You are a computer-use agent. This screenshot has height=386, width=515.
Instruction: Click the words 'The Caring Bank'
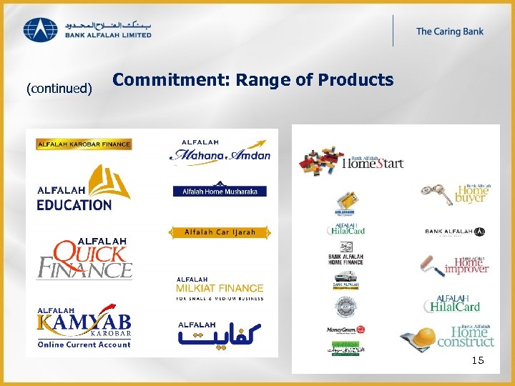(450, 31)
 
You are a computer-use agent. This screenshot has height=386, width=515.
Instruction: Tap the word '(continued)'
(59, 89)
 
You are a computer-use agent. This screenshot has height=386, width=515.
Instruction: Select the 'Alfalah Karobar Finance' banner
(84, 144)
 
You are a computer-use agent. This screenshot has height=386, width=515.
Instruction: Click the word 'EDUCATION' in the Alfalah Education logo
(74, 205)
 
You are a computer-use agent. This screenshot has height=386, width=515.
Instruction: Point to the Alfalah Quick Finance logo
(84, 258)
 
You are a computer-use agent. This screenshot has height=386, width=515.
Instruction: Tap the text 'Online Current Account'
(84, 345)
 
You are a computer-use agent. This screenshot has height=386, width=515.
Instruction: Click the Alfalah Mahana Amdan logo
(220, 152)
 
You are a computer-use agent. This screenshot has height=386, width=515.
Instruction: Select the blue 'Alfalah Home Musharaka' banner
(220, 191)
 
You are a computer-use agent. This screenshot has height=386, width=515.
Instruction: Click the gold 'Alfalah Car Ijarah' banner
(220, 232)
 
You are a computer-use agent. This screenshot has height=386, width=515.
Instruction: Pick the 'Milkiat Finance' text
(220, 288)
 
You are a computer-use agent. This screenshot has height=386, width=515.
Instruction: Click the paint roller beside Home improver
(432, 266)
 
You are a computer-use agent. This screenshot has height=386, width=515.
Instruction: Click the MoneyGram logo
(346, 330)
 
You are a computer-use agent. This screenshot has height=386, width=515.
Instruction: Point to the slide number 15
(477, 361)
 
